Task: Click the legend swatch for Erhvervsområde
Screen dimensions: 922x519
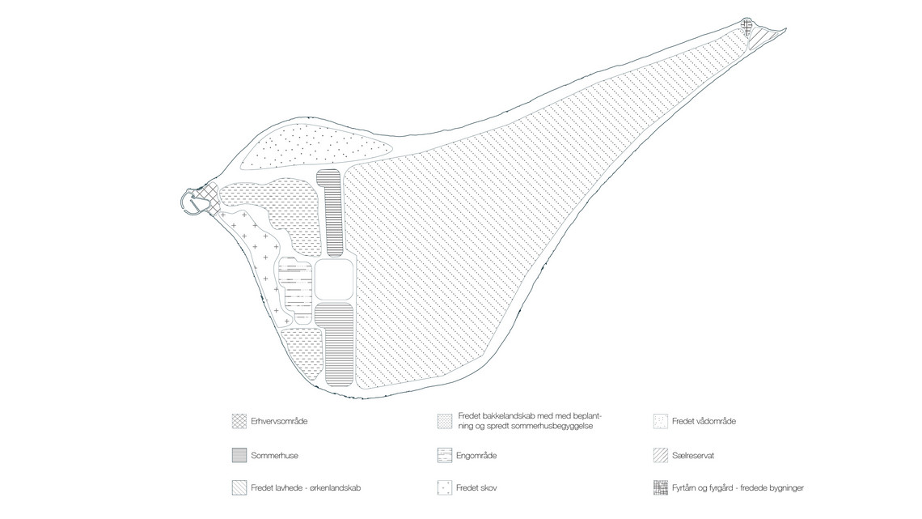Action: tap(239, 421)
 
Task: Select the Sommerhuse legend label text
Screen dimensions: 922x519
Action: tap(274, 456)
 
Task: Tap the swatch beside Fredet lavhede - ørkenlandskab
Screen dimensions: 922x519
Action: tap(239, 487)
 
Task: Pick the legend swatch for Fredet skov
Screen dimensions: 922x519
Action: tap(445, 487)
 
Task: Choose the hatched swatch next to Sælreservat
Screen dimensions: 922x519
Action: tap(660, 456)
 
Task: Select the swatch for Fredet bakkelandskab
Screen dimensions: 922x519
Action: tap(445, 421)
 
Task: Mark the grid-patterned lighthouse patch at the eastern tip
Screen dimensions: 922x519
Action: tap(746, 27)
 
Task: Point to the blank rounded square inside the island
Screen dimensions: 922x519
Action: tap(334, 280)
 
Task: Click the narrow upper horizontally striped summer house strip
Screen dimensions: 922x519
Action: tap(329, 213)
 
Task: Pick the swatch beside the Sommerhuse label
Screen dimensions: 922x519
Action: tap(239, 456)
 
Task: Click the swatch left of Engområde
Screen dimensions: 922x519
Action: tap(445, 456)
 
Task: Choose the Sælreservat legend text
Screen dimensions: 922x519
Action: tap(692, 456)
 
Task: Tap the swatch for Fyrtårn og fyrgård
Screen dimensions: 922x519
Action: tap(660, 487)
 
